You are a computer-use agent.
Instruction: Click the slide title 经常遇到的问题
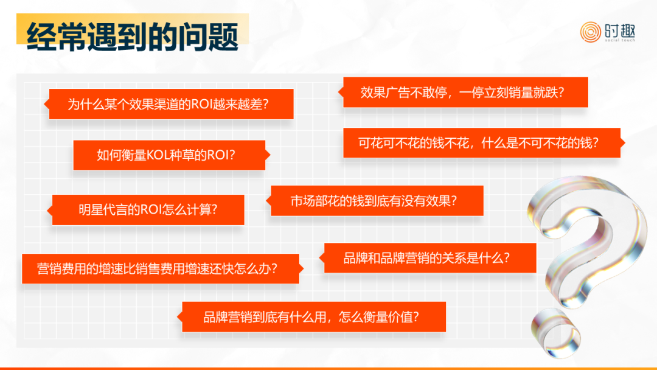pos(133,37)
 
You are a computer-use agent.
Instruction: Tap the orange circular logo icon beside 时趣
pos(590,32)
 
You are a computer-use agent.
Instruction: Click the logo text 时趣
pos(620,30)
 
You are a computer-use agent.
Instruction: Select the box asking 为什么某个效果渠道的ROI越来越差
pos(169,104)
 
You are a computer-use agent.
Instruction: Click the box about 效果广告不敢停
pos(464,92)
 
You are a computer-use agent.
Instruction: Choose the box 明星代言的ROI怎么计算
pos(146,209)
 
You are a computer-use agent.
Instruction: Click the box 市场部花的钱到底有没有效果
pos(375,201)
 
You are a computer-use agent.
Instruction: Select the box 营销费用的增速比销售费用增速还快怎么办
pos(162,268)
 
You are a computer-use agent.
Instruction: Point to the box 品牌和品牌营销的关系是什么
pos(428,257)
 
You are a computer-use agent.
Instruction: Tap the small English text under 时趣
pos(620,40)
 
